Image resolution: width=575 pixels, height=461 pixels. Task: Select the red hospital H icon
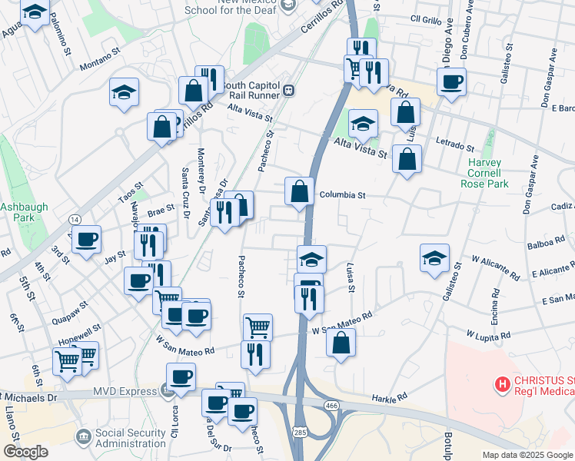[x=502, y=383]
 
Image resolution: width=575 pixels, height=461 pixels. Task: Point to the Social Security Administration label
[x=130, y=438]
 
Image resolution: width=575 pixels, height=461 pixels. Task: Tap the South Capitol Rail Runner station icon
[x=290, y=90]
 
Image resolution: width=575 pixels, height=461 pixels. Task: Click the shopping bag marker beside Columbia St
[x=299, y=191]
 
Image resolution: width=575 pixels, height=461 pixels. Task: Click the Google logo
[x=25, y=452]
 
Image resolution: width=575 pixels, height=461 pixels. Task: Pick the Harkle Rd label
[x=388, y=398]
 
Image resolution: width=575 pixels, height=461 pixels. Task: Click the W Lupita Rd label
[x=488, y=335]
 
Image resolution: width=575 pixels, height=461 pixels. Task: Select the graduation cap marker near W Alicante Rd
[x=434, y=257]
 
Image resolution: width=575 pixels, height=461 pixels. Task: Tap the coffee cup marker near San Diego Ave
[x=452, y=81]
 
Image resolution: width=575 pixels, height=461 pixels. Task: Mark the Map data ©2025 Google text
[x=527, y=455]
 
